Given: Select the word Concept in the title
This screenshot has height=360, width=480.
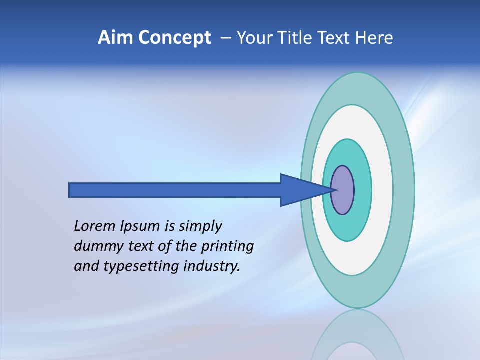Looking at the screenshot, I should (x=175, y=38).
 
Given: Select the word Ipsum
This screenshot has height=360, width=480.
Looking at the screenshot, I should (x=139, y=227).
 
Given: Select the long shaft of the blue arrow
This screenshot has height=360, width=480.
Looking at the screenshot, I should (x=175, y=190).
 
